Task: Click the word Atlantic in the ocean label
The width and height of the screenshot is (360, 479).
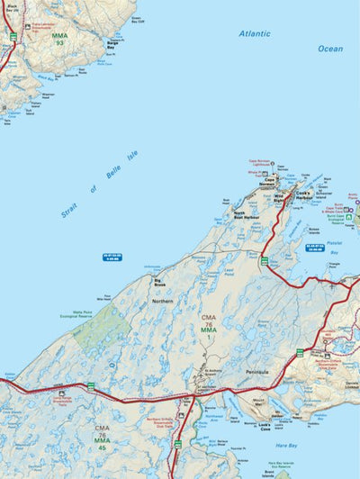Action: pos(255,33)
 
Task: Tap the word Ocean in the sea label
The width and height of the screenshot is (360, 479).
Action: pos(330,49)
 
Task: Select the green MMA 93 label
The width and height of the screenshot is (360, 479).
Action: pos(59,40)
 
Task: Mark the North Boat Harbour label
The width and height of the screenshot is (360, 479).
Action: pos(246,214)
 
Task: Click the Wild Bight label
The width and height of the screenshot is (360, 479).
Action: pos(278,193)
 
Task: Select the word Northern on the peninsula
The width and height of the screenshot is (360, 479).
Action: pos(163,301)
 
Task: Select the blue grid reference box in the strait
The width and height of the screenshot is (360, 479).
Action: pos(112,258)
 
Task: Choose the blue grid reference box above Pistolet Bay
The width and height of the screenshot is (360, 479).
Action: pos(314,246)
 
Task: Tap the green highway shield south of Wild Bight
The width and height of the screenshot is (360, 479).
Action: pos(265,261)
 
